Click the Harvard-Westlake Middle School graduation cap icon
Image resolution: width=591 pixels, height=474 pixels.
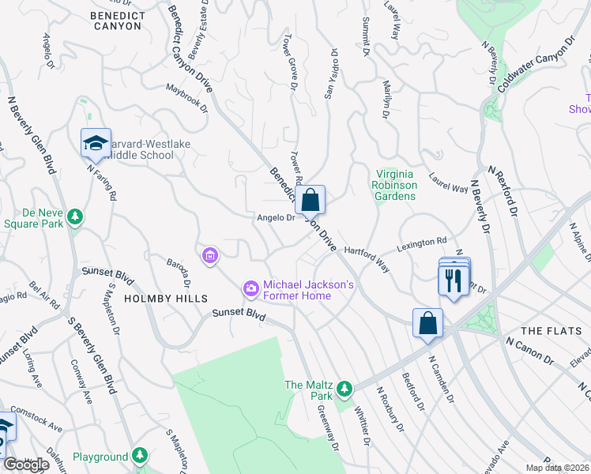click(x=96, y=144)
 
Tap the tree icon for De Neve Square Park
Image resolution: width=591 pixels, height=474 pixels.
click(x=75, y=216)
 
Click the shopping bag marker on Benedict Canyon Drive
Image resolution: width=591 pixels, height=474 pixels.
click(x=311, y=199)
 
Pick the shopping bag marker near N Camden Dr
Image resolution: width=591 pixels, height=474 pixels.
click(x=427, y=322)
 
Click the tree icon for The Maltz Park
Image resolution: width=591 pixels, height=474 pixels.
click(x=344, y=388)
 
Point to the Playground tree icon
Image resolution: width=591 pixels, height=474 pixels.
click(x=140, y=456)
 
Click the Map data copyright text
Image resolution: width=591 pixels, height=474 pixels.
click(x=557, y=468)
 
